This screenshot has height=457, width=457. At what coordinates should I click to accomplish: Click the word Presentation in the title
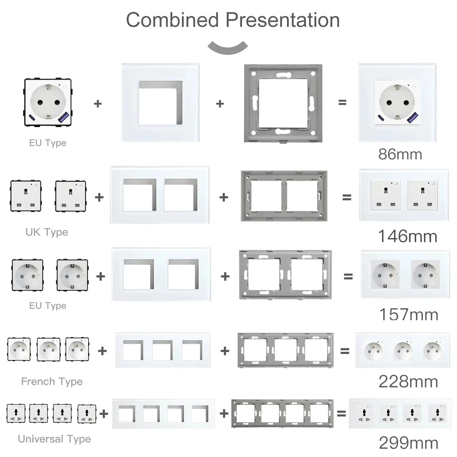[x=282, y=20]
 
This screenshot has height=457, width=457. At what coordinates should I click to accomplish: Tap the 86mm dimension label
[x=400, y=154]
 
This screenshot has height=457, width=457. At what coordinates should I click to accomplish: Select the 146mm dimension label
[x=408, y=236]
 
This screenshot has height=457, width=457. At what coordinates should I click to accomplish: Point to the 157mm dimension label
[x=409, y=314]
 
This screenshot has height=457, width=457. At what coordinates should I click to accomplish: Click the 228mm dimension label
[x=408, y=382]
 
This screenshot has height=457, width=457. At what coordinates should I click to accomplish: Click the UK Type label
[x=47, y=232]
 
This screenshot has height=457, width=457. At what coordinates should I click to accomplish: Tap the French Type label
[x=52, y=381]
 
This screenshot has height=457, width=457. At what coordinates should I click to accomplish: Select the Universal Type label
[x=54, y=439]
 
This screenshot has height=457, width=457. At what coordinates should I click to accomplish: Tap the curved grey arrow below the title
[x=228, y=47]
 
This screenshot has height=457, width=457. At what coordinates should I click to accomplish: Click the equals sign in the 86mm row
[x=342, y=102]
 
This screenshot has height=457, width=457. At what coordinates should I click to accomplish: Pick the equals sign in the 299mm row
[x=341, y=413]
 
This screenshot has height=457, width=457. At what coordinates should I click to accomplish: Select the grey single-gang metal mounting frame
[x=283, y=103]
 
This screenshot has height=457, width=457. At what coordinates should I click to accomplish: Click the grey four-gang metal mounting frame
[x=282, y=413]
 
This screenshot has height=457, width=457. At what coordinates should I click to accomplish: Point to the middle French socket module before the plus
[x=48, y=349]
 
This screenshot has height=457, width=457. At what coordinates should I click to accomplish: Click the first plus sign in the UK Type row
[x=99, y=197]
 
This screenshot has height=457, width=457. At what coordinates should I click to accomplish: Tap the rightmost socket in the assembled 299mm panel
[x=437, y=413]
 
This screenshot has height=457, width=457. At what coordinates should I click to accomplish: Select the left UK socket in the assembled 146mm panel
[x=386, y=195]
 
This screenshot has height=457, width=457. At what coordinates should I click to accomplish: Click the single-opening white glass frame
[x=161, y=102]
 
